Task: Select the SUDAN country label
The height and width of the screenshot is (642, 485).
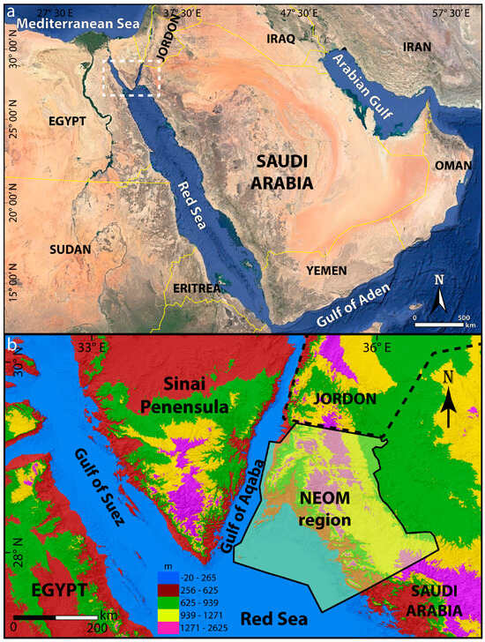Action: (71, 250)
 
